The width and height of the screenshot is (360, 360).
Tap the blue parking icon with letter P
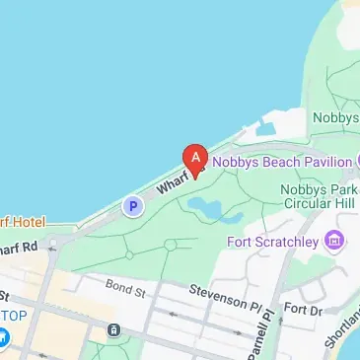coord(132,206)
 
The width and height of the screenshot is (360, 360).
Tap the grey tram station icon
coord(115,328)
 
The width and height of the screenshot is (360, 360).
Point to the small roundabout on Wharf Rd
coord(60,241)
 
